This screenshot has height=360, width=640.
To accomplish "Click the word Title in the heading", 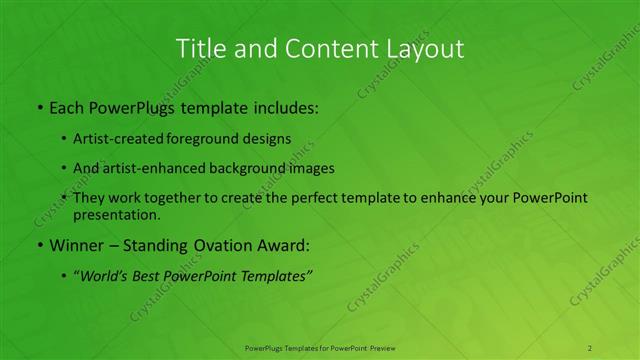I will point(198,48).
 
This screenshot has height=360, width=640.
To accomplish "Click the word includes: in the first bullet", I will point(280,105).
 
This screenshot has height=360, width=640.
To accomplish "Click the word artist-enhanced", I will point(159,168).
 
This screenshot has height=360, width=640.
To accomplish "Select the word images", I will point(305,168).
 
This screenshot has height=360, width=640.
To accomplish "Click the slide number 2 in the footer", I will point(590,347).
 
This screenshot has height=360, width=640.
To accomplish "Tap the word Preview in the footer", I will point(383,347).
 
